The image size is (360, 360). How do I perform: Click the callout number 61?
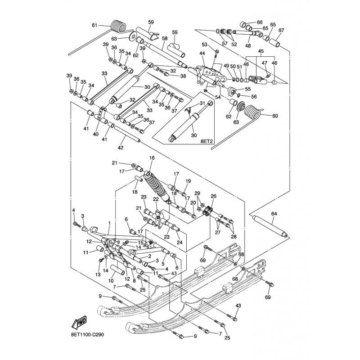click(x=94, y=25)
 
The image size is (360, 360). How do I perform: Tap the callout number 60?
click(x=275, y=116)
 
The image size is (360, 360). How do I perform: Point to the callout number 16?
click(x=152, y=158)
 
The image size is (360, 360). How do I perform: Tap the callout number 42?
click(x=121, y=147)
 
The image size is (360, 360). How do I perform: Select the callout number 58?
click(x=165, y=39)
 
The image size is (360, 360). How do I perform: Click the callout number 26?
click(x=213, y=196)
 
